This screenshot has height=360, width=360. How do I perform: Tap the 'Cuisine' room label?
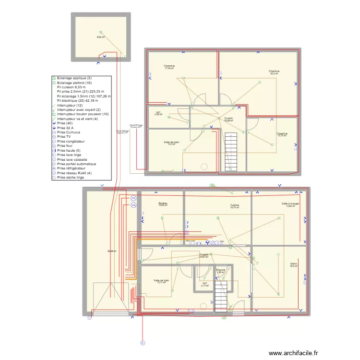[x=234, y=206]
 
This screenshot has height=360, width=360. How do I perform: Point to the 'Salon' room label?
[x=293, y=264]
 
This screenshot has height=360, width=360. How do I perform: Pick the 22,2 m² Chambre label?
[x=274, y=72]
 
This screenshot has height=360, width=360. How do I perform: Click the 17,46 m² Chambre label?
[x=169, y=67]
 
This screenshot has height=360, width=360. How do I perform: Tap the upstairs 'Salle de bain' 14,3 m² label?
[x=171, y=143]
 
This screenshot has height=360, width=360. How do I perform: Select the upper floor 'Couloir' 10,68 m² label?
[x=228, y=119]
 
